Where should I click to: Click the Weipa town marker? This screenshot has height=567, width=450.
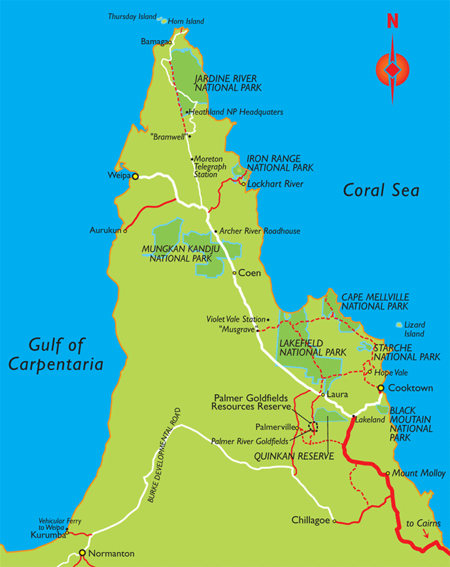(135, 176)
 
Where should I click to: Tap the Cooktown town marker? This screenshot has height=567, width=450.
(381, 388)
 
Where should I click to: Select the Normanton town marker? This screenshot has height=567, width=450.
(82, 553)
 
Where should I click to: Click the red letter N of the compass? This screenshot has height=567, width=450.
(392, 21)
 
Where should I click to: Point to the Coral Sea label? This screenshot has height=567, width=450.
(381, 190)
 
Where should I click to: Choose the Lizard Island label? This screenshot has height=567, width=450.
(414, 329)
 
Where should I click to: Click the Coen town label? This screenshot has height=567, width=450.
(250, 273)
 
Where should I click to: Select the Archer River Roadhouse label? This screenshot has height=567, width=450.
(260, 231)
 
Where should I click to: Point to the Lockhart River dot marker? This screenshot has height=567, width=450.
(243, 184)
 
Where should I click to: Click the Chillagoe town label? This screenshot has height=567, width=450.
(311, 521)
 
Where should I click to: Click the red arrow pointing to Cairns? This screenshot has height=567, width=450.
(426, 534)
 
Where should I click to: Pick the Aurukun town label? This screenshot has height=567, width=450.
(105, 230)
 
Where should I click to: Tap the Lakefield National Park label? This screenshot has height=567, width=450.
(312, 347)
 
